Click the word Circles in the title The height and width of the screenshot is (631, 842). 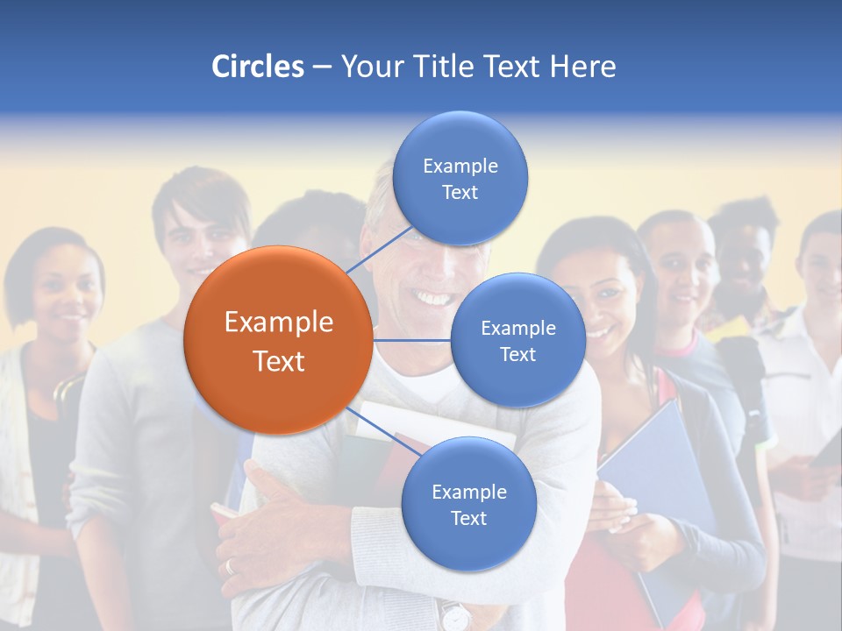point(257,67)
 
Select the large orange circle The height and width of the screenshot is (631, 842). point(278,340)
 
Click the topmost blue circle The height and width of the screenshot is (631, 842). point(460,178)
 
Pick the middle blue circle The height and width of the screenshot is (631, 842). point(518,340)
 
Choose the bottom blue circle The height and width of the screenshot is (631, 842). point(468,504)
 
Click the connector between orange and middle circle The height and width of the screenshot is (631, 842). point(412,340)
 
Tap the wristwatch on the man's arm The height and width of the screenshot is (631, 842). point(455,616)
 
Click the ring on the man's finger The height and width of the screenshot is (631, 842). point(231,566)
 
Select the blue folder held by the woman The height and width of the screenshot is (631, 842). point(667,491)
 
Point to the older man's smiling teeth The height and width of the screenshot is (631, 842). point(432,298)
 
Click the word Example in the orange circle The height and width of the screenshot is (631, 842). point(279,322)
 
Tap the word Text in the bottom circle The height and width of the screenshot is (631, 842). point(468,518)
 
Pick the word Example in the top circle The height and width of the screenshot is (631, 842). point(460,166)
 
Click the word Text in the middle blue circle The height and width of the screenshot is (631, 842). point(517,354)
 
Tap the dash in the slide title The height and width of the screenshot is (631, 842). point(322,67)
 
